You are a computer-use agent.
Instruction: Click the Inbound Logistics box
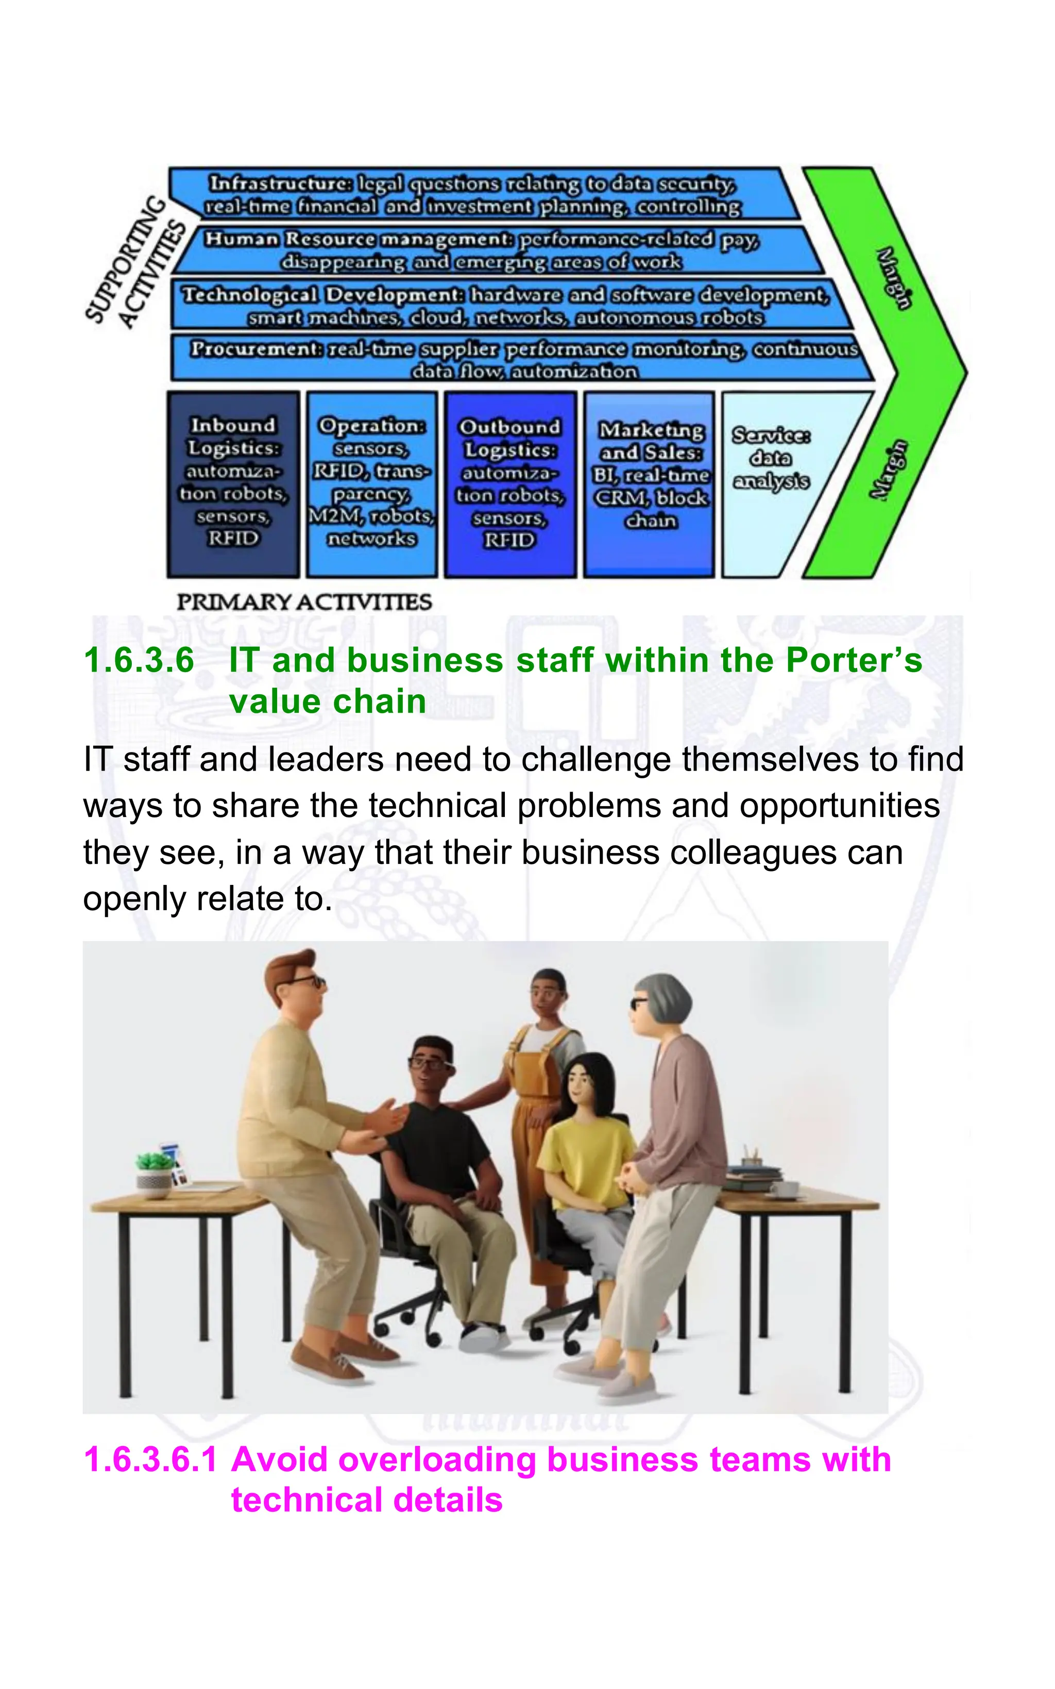[233, 483]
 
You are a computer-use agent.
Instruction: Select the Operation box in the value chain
[372, 483]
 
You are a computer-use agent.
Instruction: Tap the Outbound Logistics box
[510, 483]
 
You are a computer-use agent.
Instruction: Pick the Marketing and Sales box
[650, 483]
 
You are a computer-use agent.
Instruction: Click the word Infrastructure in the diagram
[281, 183]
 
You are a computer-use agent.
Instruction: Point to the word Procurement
[256, 348]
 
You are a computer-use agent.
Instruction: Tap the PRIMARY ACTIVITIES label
[304, 601]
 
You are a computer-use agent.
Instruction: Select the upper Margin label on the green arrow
[893, 277]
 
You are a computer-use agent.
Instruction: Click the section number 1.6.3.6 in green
[139, 660]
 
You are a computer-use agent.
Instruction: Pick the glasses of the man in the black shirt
[429, 1064]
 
